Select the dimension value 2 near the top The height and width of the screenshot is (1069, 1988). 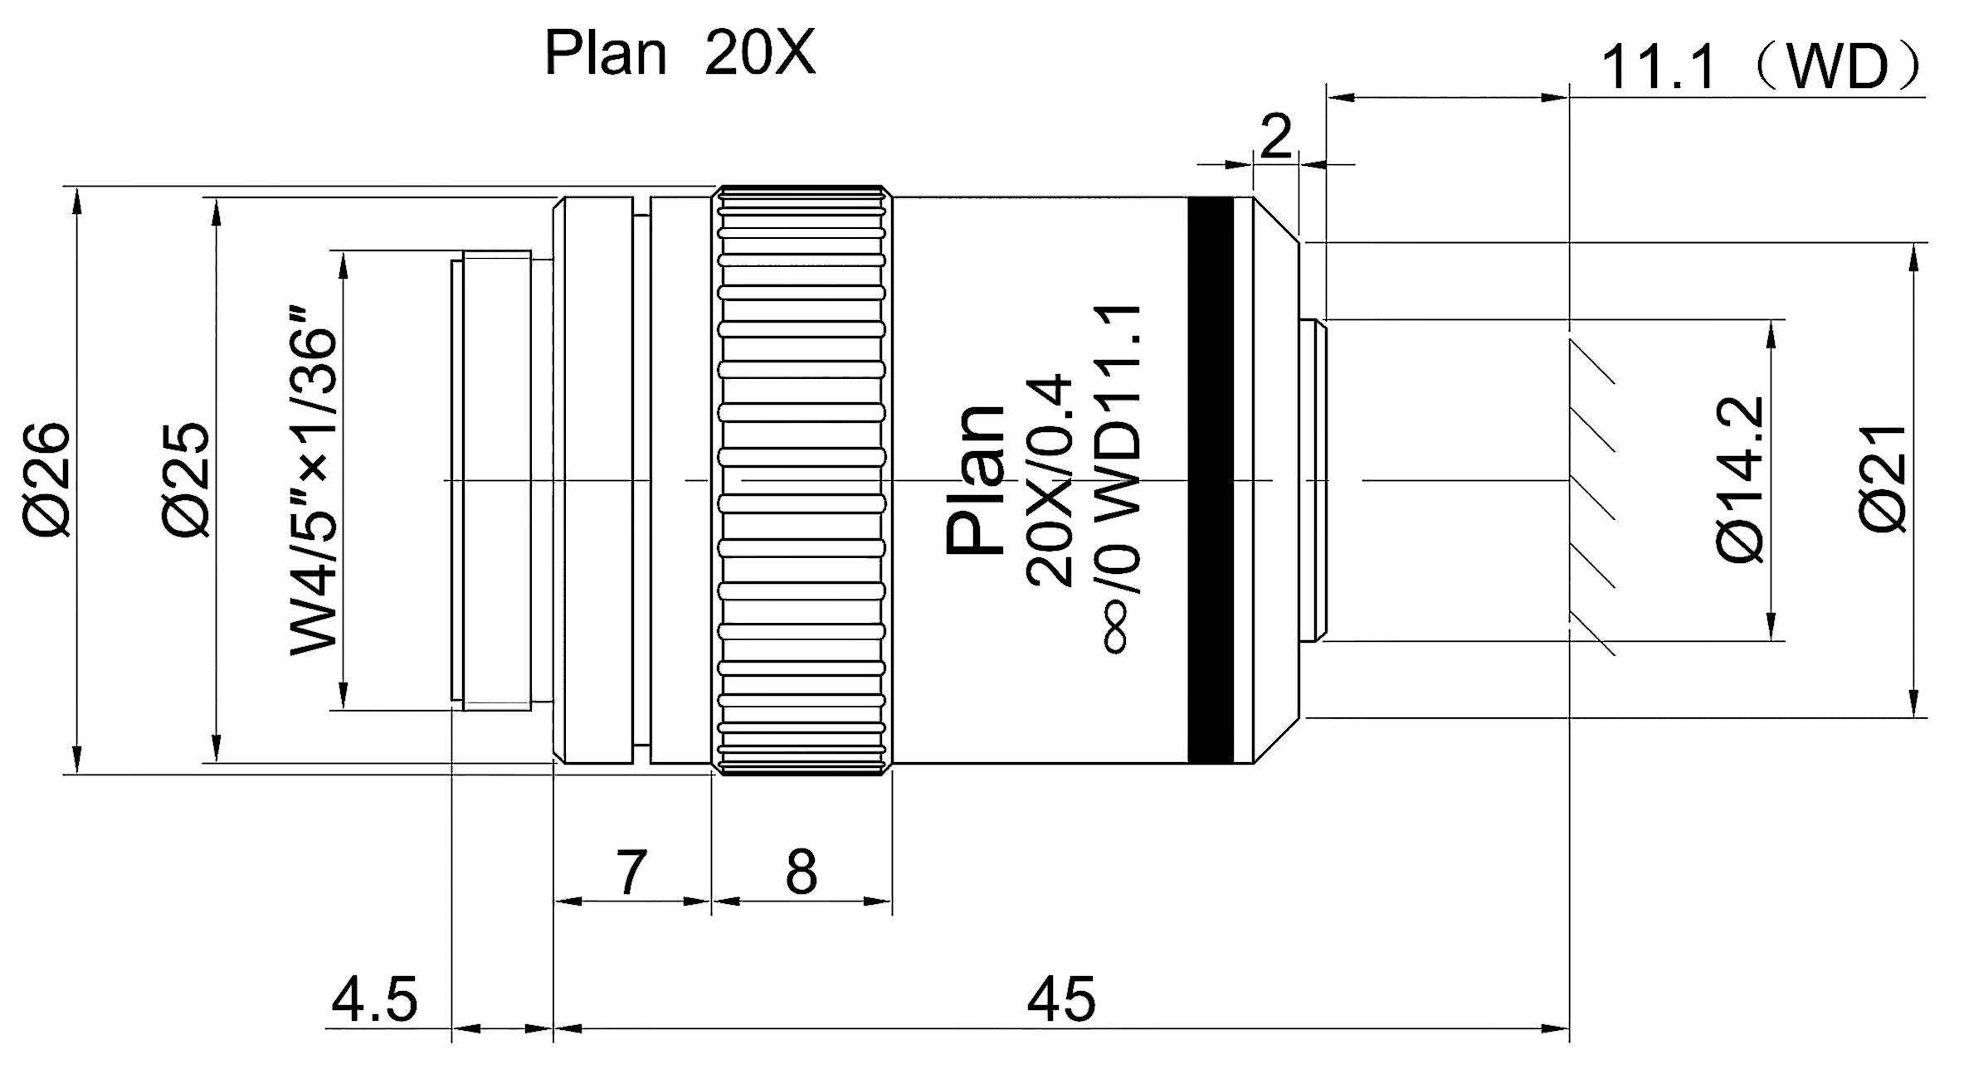click(x=1276, y=137)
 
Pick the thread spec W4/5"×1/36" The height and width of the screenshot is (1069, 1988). click(x=314, y=481)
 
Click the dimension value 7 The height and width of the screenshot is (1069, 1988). click(x=631, y=872)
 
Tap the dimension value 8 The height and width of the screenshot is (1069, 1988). click(x=801, y=872)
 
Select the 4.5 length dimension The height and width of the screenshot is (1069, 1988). click(x=374, y=999)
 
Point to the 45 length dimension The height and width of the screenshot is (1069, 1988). click(x=1061, y=999)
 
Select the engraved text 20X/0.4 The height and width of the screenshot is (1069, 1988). click(x=1050, y=481)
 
